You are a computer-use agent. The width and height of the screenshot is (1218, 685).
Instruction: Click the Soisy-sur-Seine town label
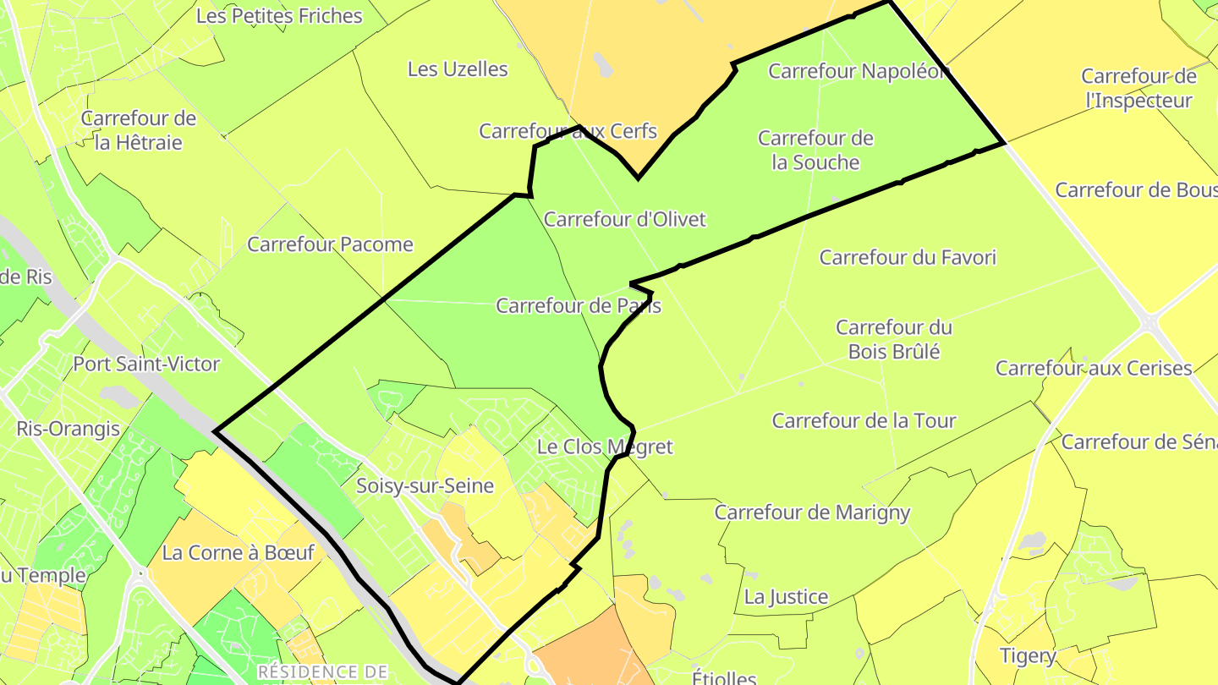[425, 486]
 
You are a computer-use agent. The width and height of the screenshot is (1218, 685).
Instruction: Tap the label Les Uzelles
[458, 69]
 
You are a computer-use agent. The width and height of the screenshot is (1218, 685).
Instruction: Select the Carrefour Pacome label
[330, 244]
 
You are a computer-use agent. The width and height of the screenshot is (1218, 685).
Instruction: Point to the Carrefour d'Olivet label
[624, 220]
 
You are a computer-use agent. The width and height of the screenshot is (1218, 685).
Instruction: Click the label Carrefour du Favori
[908, 257]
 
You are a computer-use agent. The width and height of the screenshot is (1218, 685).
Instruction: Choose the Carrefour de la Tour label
[864, 420]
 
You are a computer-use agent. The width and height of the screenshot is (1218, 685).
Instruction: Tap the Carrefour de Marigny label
[812, 512]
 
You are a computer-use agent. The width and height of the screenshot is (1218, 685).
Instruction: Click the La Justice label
[786, 597]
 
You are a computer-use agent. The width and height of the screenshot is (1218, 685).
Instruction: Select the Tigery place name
[1028, 655]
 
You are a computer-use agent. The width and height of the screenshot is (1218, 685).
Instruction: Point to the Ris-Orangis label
[68, 429]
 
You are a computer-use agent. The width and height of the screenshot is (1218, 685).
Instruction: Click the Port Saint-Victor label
[146, 364]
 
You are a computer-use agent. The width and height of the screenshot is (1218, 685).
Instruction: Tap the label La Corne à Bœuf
[238, 553]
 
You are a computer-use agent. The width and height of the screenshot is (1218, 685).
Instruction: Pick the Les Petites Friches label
[279, 16]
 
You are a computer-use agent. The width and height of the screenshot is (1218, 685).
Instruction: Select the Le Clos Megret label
[605, 447]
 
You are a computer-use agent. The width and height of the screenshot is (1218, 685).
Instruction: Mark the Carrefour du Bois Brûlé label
[894, 339]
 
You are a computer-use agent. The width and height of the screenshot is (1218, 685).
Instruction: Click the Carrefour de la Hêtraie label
[139, 130]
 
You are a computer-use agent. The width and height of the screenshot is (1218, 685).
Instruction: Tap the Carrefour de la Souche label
[815, 150]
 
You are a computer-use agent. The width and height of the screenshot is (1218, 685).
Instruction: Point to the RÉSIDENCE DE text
[322, 672]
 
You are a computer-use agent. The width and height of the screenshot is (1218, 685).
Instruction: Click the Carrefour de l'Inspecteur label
[1138, 88]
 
